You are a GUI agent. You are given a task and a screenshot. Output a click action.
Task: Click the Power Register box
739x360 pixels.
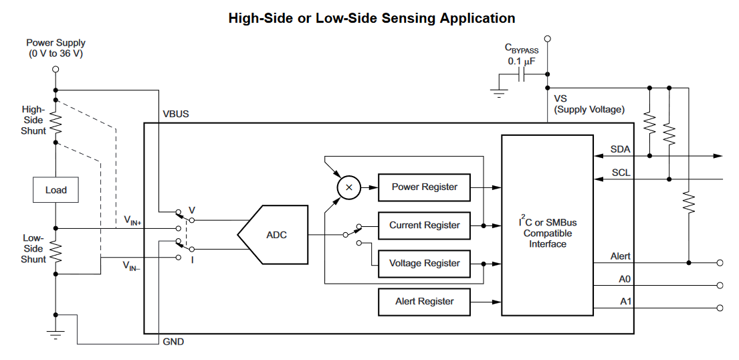[x=424, y=187]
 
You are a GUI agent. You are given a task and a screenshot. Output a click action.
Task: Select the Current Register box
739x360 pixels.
[x=424, y=226]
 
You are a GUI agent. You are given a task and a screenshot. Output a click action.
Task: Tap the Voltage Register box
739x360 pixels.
[x=424, y=264]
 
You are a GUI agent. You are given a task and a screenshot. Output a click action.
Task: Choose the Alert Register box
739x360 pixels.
[x=424, y=302]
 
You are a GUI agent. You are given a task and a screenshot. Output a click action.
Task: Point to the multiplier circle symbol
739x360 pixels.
[x=348, y=187]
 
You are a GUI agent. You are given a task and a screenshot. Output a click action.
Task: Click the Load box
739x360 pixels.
[x=56, y=190]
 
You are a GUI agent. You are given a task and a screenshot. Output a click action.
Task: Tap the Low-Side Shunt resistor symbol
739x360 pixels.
[x=56, y=252]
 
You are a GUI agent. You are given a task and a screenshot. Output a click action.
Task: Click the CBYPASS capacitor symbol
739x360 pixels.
[x=525, y=75]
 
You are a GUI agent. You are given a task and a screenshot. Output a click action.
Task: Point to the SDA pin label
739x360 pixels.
[x=620, y=149]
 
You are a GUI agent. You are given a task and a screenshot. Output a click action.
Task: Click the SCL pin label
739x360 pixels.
[x=621, y=173]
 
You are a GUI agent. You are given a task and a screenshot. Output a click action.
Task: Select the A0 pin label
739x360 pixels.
[x=625, y=279]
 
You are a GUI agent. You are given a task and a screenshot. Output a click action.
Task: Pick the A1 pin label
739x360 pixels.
[x=625, y=302]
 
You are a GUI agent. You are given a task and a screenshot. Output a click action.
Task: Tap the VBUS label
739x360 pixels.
[x=176, y=114]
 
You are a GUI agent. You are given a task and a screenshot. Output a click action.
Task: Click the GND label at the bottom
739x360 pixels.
[x=173, y=342]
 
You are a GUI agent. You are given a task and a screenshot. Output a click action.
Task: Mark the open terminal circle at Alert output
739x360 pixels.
[x=720, y=262]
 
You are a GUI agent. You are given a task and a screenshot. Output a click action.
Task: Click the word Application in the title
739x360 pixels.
[x=477, y=18]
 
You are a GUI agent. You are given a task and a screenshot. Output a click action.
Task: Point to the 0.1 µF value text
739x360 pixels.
[x=522, y=61]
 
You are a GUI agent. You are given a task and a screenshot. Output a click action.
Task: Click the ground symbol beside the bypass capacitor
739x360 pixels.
[x=498, y=92]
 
